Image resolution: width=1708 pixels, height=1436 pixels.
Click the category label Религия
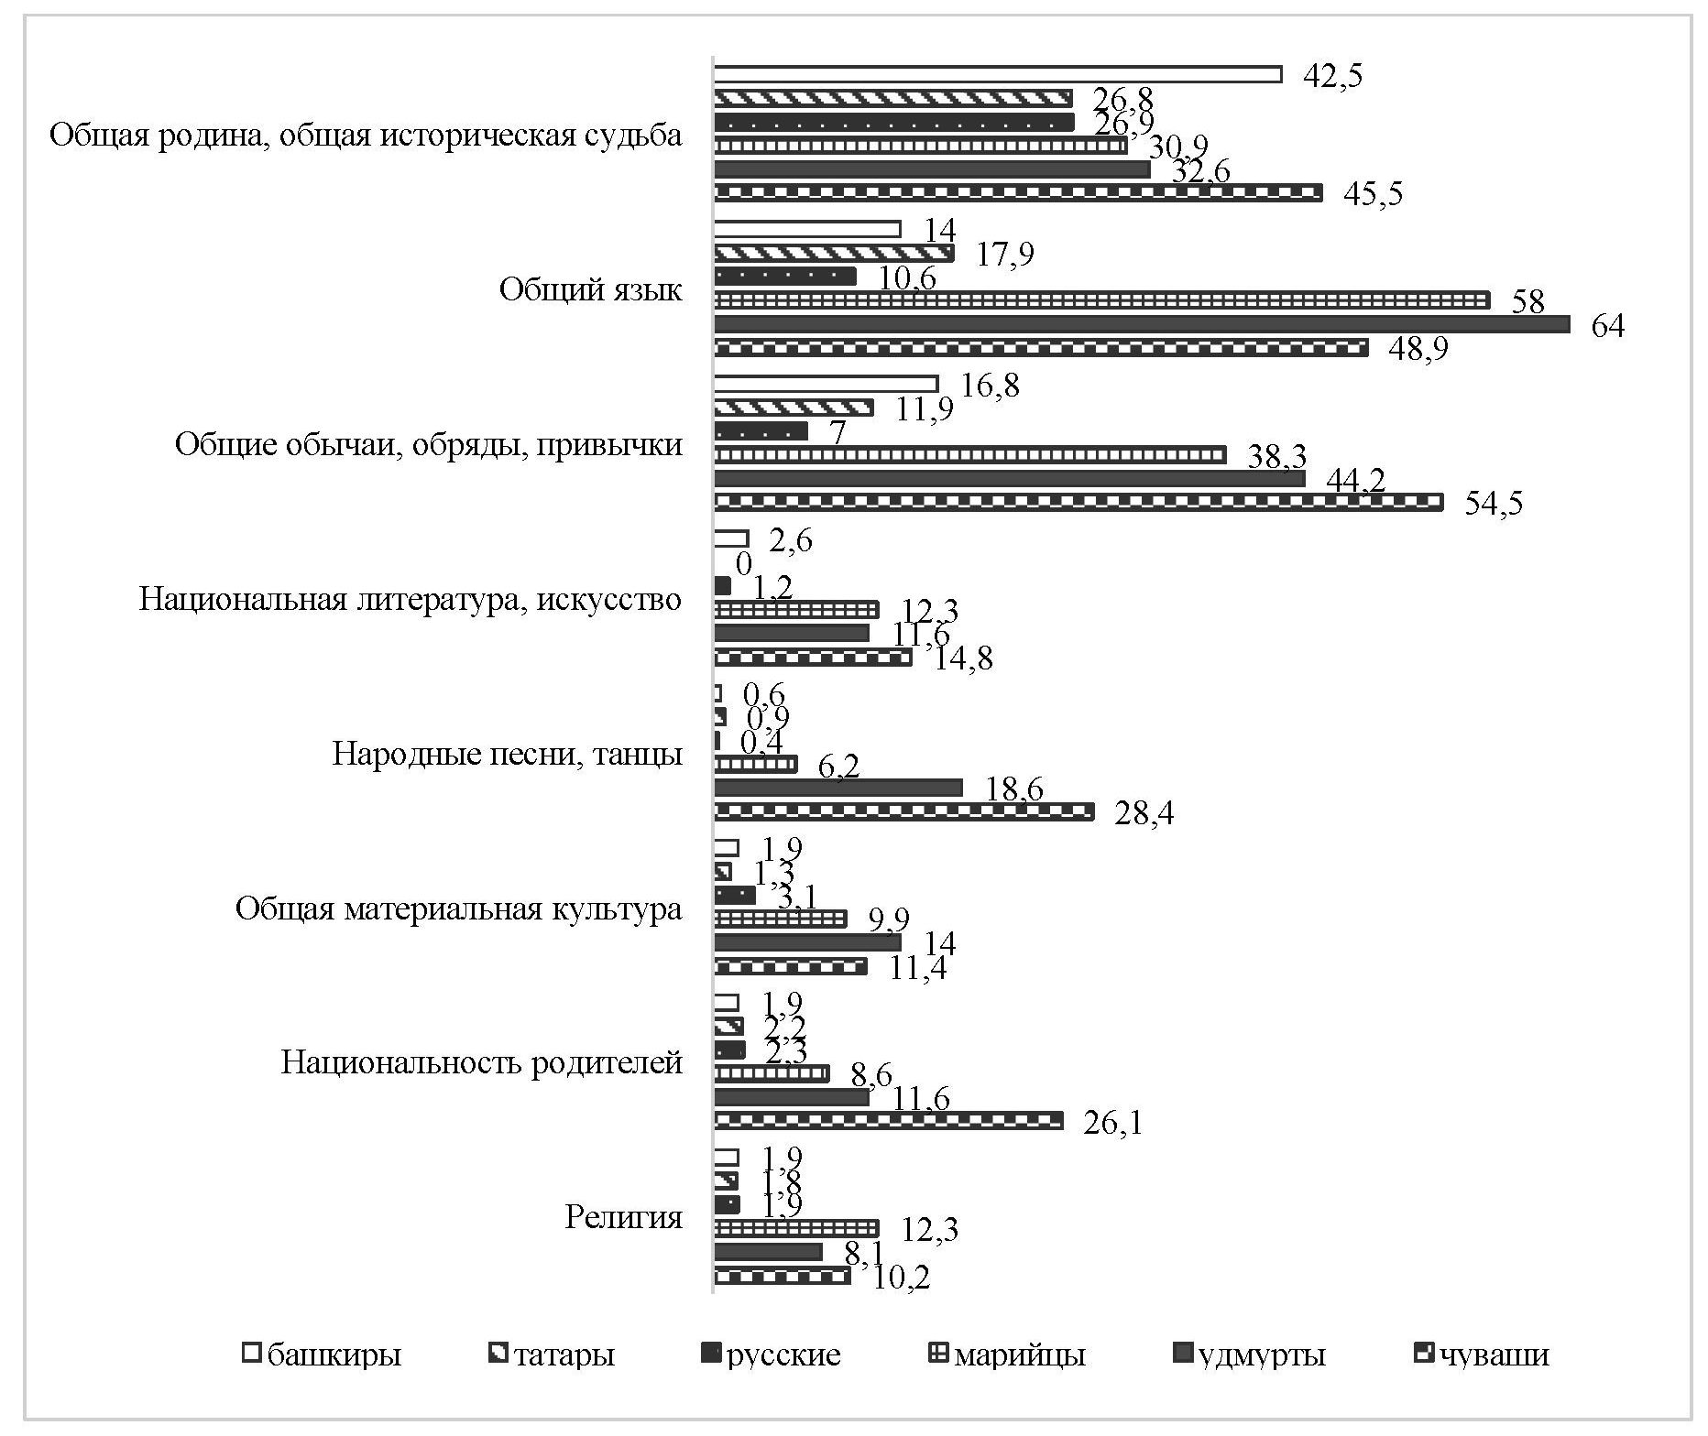623,1218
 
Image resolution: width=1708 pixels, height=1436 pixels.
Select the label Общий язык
590,290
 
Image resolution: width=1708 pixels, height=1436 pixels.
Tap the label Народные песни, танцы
507,755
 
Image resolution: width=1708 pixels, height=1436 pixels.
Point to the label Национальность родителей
481,1063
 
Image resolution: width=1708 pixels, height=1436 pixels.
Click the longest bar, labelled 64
1141,324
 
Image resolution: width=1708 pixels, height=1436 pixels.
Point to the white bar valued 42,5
997,74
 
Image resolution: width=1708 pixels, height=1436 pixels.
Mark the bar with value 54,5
1078,502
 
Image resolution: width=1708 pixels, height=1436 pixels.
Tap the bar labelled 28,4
903,811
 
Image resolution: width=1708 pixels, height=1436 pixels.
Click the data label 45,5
1372,194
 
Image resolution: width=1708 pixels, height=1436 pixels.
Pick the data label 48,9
1418,349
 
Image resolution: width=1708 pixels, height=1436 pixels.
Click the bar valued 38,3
969,454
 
